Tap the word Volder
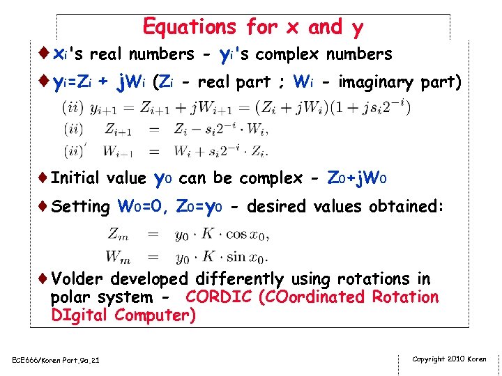76,279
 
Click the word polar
70,297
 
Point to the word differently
239,279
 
